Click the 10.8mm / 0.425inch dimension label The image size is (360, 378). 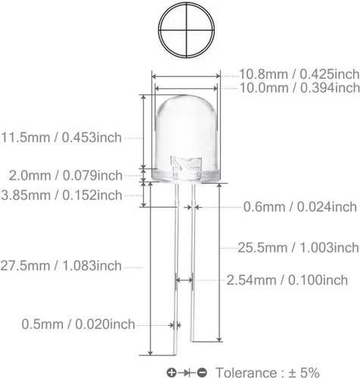click(299, 74)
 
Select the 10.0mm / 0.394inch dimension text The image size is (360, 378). click(299, 88)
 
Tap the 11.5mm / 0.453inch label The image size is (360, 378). click(61, 138)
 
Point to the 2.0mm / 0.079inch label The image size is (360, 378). click(66, 175)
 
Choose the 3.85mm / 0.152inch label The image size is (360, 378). click(62, 195)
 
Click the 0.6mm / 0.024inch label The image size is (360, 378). click(300, 207)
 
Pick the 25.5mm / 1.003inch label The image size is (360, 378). click(299, 247)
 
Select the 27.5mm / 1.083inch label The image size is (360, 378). click(61, 265)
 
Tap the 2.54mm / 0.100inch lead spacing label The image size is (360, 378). click(287, 280)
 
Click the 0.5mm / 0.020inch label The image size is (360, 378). click(78, 324)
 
